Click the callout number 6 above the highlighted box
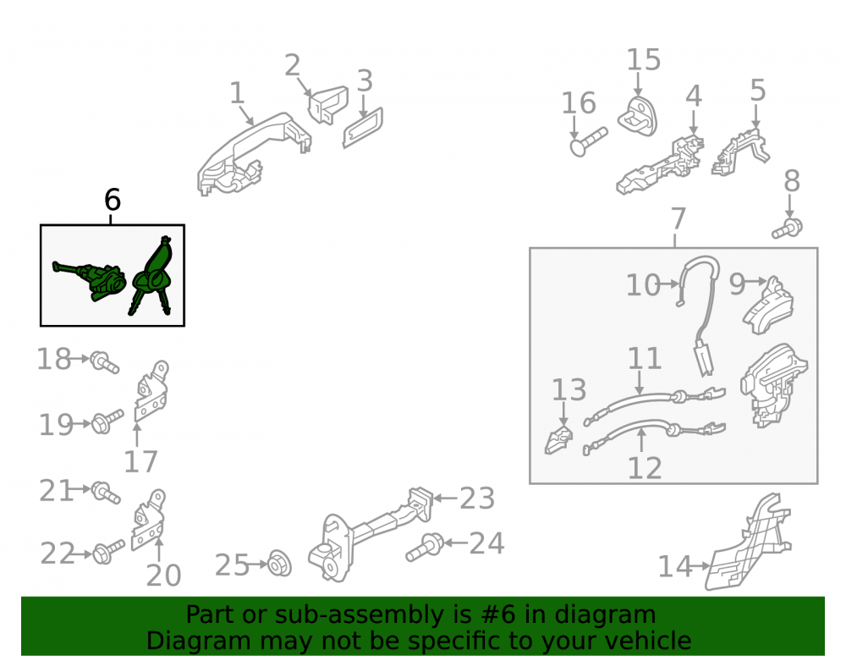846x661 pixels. [x=113, y=200]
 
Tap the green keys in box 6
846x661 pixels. [x=152, y=275]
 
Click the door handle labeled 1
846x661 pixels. [x=254, y=154]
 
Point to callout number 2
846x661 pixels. [x=292, y=65]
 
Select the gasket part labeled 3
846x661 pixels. [x=363, y=127]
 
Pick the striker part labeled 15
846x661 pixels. [x=638, y=115]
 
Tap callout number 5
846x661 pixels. [x=758, y=90]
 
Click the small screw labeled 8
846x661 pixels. [x=787, y=229]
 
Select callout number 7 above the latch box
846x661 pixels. [x=678, y=218]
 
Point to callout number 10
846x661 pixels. [x=643, y=284]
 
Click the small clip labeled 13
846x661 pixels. [x=558, y=440]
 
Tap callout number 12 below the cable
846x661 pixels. [x=645, y=468]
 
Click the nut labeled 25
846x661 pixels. [x=279, y=564]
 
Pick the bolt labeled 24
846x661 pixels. [x=425, y=547]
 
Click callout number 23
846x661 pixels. [x=477, y=498]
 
